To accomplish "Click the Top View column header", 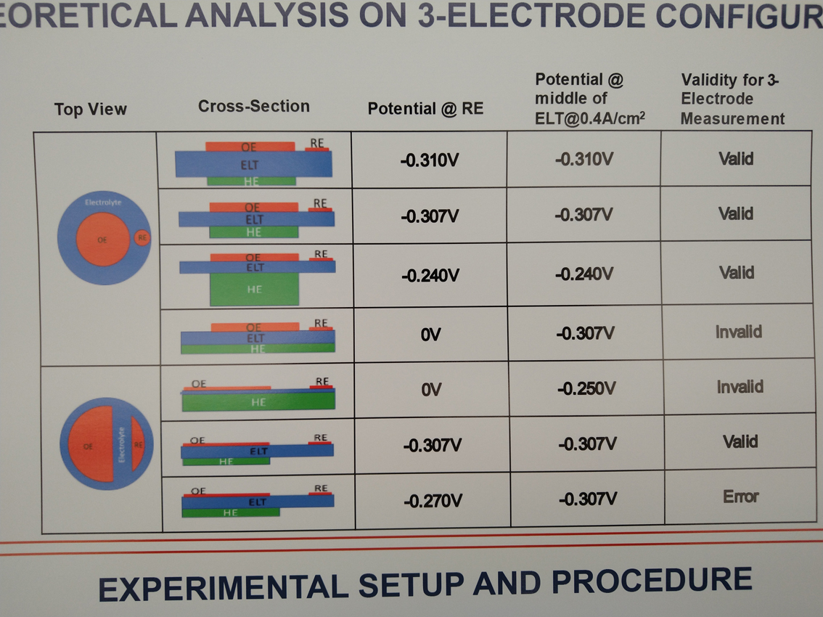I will point(90,110).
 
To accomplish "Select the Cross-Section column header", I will point(253,106).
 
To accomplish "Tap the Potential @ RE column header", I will point(425,109).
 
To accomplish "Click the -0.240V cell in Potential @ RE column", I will point(430,276).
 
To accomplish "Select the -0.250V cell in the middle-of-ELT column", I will point(586,388).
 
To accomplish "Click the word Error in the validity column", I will point(740,497).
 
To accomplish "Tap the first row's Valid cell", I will point(736,158).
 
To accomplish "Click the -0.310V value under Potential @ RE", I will point(429,160).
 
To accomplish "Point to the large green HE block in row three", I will point(253,289).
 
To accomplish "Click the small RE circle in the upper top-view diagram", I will point(142,237).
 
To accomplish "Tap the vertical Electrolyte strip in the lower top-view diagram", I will point(121,444).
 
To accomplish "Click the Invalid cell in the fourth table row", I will point(738,332).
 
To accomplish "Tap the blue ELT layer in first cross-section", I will point(253,165).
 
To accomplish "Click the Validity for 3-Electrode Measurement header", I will point(732,99).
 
